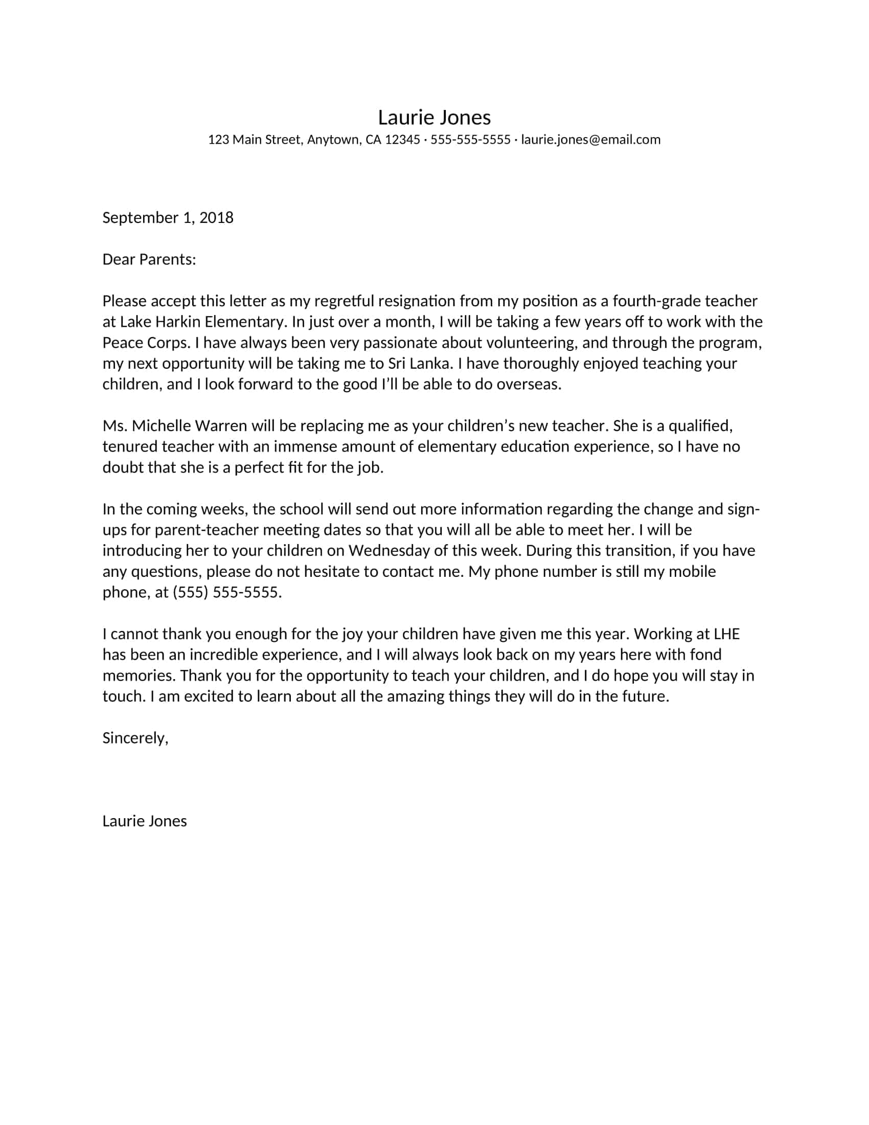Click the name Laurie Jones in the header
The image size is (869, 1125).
tap(434, 118)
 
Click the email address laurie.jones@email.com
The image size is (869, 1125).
tap(590, 140)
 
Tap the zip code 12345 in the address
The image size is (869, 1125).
tap(402, 140)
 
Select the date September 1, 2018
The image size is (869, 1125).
tap(168, 217)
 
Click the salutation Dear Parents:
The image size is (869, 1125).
tap(149, 259)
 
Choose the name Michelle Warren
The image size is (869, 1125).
tap(190, 426)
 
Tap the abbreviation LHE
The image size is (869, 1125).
tap(726, 634)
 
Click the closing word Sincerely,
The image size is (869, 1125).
tap(135, 738)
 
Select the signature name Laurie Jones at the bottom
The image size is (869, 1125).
tap(144, 821)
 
